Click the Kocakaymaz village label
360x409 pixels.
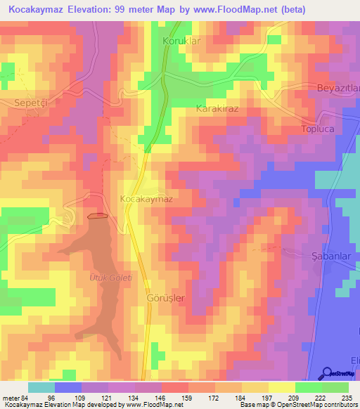(x=146, y=199)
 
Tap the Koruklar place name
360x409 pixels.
(x=182, y=41)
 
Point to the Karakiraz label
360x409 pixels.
(x=218, y=110)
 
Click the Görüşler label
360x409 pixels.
(x=165, y=298)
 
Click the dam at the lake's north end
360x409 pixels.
(x=98, y=216)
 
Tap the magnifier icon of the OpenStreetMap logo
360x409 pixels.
(x=328, y=373)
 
